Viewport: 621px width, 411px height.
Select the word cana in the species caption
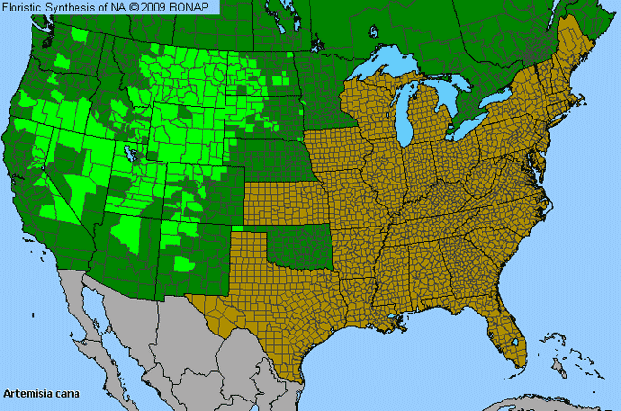click(63, 393)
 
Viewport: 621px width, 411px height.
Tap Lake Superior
click(392, 68)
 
